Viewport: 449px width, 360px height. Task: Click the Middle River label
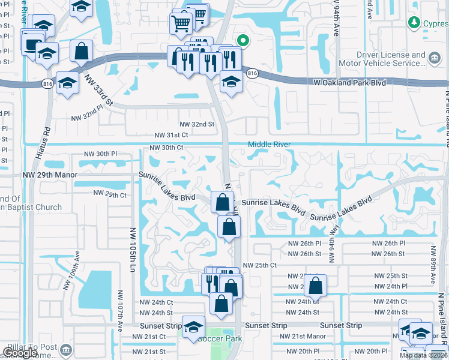point(270,144)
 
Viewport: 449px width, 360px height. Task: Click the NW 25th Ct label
point(260,265)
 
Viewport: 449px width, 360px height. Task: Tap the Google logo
point(20,353)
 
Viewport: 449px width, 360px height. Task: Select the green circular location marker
point(243,41)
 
